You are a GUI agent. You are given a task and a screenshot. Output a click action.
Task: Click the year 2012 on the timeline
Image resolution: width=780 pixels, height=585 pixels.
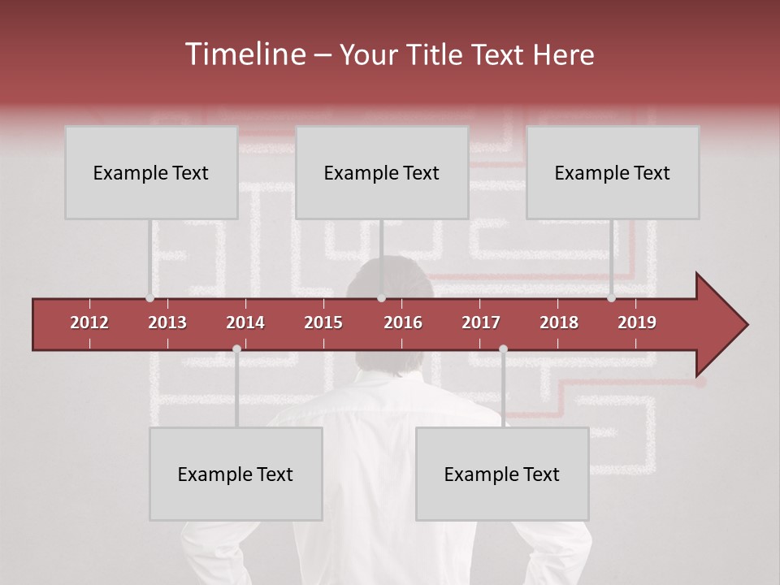click(89, 323)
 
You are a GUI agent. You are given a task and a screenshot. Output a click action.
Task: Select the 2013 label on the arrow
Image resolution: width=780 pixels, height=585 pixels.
click(167, 323)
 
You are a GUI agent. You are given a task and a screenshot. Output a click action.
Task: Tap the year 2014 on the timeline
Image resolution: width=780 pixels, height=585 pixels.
click(245, 323)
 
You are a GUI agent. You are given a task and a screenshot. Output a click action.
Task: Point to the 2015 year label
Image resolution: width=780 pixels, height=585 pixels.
click(323, 323)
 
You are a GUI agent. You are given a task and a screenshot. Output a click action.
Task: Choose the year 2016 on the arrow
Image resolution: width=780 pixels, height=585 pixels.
click(403, 323)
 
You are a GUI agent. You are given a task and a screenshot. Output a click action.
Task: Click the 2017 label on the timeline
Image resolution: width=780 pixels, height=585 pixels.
click(481, 323)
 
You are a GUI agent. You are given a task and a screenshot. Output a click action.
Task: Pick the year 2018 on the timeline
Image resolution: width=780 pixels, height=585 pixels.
click(559, 323)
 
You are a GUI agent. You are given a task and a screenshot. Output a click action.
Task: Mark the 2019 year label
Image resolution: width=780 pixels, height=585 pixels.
click(637, 323)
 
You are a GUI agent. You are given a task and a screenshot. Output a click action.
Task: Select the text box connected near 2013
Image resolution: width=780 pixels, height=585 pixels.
click(151, 172)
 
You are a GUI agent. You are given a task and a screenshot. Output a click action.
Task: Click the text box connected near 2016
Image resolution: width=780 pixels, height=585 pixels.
click(382, 172)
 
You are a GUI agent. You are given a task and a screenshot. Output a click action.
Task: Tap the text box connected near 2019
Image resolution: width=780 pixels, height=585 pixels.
click(613, 172)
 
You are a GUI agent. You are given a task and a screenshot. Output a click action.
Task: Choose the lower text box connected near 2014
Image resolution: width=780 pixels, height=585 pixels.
click(236, 474)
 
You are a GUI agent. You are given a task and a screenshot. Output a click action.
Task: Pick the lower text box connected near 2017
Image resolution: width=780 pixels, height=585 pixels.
click(502, 474)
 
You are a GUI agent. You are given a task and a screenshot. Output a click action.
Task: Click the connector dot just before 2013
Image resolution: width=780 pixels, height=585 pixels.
click(149, 298)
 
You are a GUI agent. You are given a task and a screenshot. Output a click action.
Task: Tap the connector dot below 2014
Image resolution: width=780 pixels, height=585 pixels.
click(236, 349)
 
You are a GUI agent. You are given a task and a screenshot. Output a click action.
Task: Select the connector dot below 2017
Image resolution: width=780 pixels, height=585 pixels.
click(503, 349)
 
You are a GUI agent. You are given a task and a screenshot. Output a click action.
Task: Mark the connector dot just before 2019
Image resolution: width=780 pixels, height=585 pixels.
click(611, 298)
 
